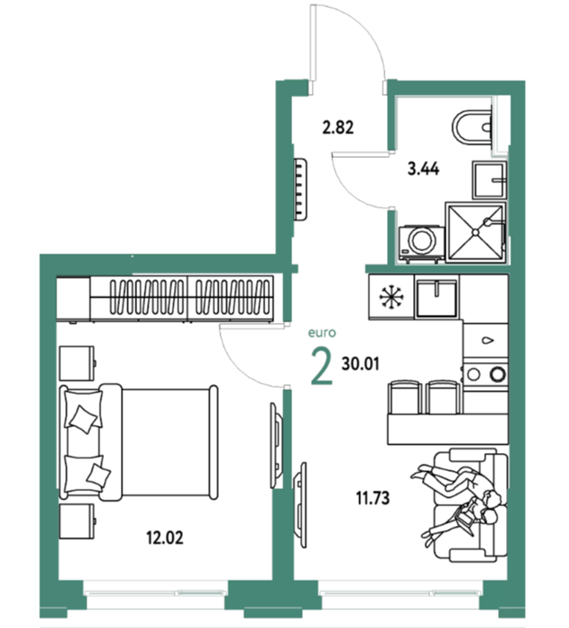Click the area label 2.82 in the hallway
coord(338,127)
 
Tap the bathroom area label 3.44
coord(423,169)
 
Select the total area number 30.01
coord(360,364)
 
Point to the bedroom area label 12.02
coord(165,537)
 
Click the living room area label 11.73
coord(373,499)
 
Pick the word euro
coord(322,333)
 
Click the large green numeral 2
coord(322,366)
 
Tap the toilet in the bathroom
coord(472,127)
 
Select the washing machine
coord(421,243)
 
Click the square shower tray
coord(476,232)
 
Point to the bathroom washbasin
coord(489,179)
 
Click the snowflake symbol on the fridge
coord(391,297)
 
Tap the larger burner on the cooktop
coord(498,374)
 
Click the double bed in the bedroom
coord(139,442)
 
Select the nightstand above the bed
coord(77,363)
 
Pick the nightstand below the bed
coord(77,521)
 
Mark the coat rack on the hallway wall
coord(300,188)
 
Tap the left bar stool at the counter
coord(404,397)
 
